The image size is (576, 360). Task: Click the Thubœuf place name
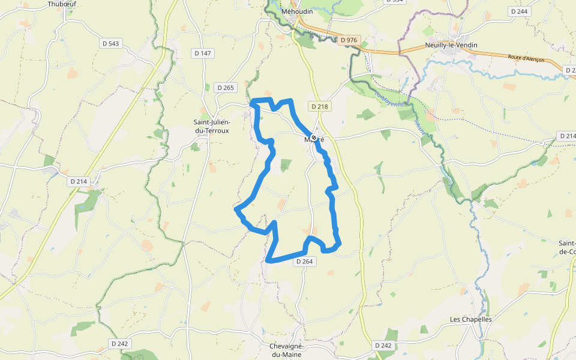[62, 4]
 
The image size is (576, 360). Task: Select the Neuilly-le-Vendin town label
[450, 45]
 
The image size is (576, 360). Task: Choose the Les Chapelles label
[471, 319]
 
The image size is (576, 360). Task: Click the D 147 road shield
[203, 53]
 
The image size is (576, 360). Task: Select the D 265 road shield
[226, 88]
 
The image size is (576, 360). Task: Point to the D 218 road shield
[320, 106]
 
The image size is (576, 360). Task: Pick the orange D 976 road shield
[348, 40]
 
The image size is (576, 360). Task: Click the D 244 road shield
[518, 11]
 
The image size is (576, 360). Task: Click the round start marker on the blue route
[313, 138]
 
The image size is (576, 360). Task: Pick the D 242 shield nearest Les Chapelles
[383, 346]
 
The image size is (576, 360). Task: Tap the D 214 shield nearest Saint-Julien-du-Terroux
[79, 181]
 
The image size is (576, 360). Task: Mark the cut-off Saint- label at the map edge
[567, 247]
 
